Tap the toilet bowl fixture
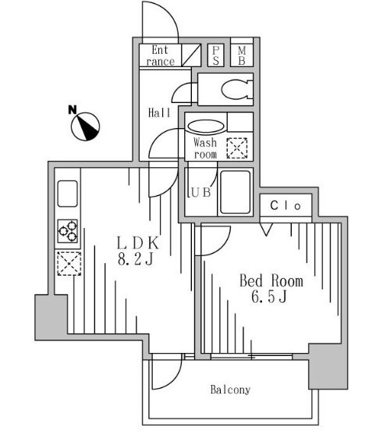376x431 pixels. (236, 89)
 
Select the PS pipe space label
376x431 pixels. (215, 55)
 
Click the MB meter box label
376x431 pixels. (242, 55)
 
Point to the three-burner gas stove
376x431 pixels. (68, 231)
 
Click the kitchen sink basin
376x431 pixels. (68, 194)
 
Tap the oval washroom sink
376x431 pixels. (206, 126)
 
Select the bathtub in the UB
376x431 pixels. (236, 192)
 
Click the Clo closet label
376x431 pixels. (286, 205)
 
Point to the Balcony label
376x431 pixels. (230, 390)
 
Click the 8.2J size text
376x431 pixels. (136, 258)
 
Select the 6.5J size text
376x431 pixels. (269, 297)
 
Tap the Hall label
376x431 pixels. (159, 112)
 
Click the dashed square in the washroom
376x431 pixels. (236, 148)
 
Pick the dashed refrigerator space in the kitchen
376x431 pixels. (69, 263)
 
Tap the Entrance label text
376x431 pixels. (161, 55)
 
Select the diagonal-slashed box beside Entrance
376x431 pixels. (191, 55)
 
